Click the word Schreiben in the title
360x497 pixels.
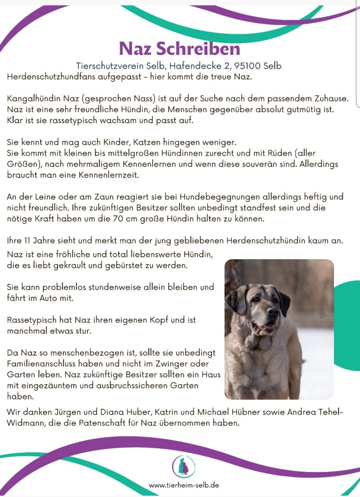pyautogui.click(x=204, y=48)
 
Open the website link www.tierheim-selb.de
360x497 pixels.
pyautogui.click(x=184, y=485)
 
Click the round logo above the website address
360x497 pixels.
pyautogui.click(x=184, y=466)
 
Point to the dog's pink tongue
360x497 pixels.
pyautogui.click(x=269, y=326)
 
